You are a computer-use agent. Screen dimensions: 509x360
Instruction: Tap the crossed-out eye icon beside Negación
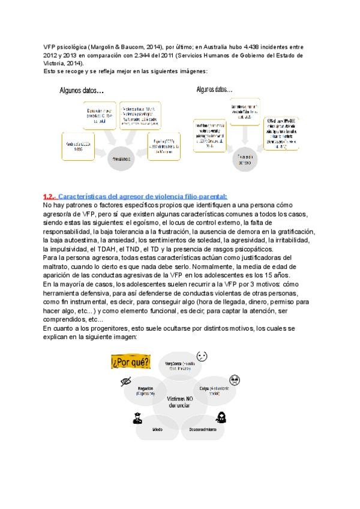(x=126, y=381)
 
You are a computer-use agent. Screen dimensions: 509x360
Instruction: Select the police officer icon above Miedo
(x=137, y=420)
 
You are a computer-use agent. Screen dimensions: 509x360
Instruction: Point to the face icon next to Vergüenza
(x=202, y=357)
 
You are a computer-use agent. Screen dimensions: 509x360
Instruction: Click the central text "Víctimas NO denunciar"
(x=179, y=402)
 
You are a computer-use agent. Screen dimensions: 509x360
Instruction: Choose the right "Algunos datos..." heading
(x=214, y=89)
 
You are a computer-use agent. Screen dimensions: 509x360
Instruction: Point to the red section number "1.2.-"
(x=50, y=196)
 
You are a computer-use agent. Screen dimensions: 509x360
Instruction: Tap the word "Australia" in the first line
(x=209, y=46)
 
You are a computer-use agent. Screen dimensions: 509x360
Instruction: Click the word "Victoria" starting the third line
(x=55, y=62)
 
